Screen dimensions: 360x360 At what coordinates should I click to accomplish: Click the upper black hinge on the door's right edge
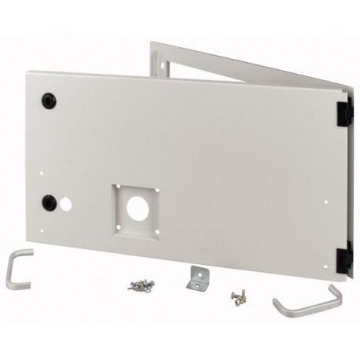[344, 111]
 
